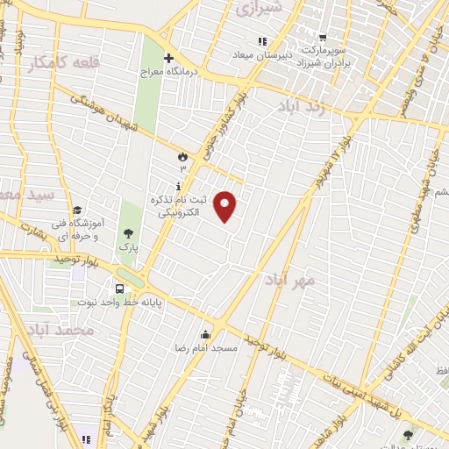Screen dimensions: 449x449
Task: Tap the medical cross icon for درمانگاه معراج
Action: pyautogui.click(x=180, y=58)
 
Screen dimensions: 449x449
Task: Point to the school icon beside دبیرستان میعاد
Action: pyautogui.click(x=260, y=41)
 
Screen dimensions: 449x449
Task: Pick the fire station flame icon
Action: pyautogui.click(x=182, y=157)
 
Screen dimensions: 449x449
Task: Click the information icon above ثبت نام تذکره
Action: pyautogui.click(x=179, y=186)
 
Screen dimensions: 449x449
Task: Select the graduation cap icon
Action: pyautogui.click(x=77, y=210)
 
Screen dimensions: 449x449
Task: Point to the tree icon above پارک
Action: pyautogui.click(x=129, y=233)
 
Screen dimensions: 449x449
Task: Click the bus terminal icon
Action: pyautogui.click(x=118, y=289)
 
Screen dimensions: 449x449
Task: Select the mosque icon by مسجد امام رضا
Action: pyautogui.click(x=205, y=334)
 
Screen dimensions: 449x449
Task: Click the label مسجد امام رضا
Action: pyautogui.click(x=207, y=348)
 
